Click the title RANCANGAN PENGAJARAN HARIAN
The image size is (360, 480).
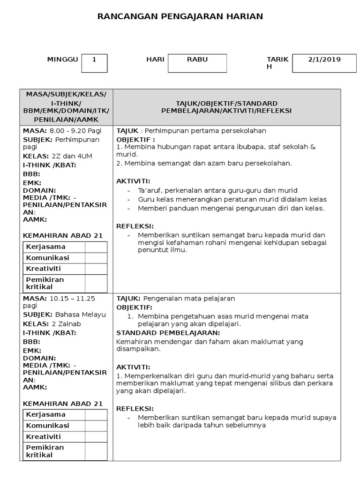(180, 16)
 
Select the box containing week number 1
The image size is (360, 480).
(94, 63)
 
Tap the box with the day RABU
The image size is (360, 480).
(197, 63)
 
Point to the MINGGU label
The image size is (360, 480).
(62, 60)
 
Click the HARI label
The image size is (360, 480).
(155, 60)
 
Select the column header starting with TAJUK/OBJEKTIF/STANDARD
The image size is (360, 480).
(226, 107)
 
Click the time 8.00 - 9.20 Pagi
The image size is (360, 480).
(76, 131)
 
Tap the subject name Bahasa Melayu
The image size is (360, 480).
(80, 315)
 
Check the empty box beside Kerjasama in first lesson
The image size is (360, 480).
(96, 247)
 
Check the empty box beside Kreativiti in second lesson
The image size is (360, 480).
(96, 437)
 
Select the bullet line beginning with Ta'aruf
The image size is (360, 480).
(217, 190)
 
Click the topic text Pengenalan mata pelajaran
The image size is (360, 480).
(188, 299)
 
